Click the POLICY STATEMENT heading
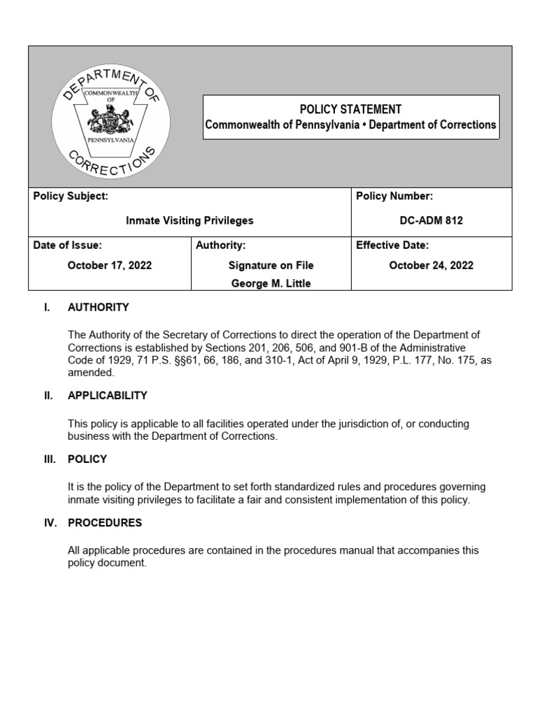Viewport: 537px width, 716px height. coord(350,109)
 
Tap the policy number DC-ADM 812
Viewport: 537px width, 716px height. coord(431,220)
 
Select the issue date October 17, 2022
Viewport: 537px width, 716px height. coord(109,265)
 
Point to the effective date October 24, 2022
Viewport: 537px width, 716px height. coord(431,265)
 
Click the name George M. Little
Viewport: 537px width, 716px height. coord(271,283)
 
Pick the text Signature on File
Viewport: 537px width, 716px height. coord(271,265)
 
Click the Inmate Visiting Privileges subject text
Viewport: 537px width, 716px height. coord(189,220)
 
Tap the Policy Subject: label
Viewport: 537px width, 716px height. coord(71,196)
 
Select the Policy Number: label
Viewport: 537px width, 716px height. coord(394,196)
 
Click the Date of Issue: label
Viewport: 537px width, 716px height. coord(68,245)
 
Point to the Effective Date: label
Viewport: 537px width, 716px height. coord(392,245)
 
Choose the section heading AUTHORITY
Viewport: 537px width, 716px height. coord(98,307)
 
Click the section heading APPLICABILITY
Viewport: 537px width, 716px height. coord(107,395)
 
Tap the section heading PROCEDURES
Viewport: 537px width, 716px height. coord(104,522)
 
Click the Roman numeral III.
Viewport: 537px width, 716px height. coord(49,459)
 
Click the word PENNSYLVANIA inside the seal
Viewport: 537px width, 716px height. coord(110,140)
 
